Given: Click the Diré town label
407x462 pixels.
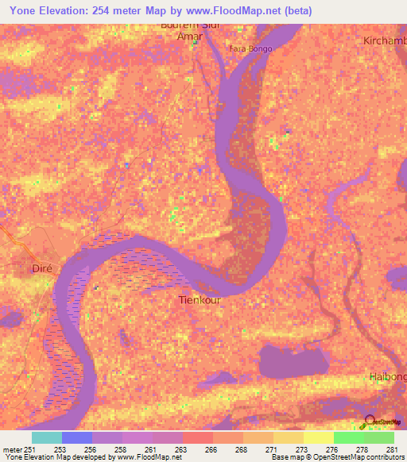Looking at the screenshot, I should pyautogui.click(x=41, y=268).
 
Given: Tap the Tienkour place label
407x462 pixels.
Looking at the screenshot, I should pyautogui.click(x=198, y=301).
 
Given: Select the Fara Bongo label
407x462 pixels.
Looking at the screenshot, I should pyautogui.click(x=250, y=48).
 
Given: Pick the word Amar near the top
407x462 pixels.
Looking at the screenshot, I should pyautogui.click(x=195, y=37).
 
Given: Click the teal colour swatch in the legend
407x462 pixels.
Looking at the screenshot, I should pyautogui.click(x=47, y=437).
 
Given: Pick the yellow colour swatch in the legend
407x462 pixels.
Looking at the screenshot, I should pyautogui.click(x=319, y=437).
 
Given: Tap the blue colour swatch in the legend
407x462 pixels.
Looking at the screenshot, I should pyautogui.click(x=77, y=437).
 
